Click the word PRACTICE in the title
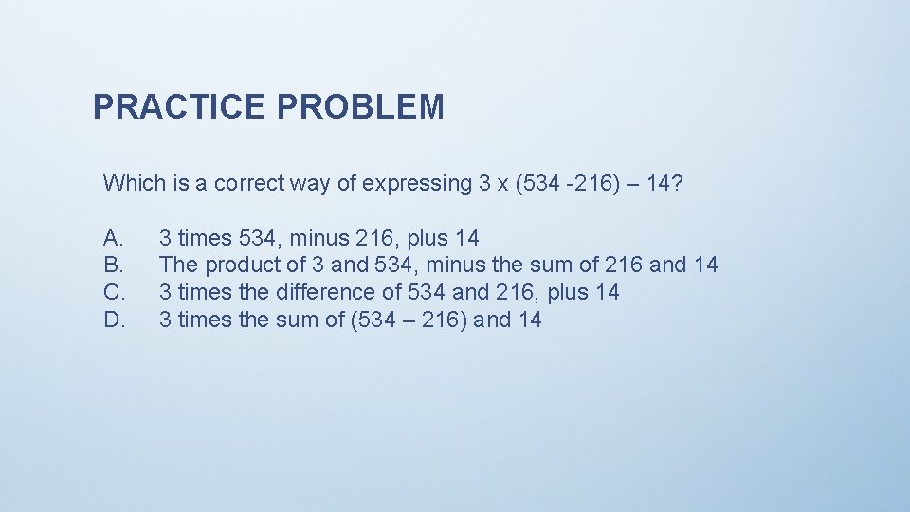pos(180,107)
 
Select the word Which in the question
pos(133,182)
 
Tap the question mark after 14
pos(675,182)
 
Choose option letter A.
pos(113,237)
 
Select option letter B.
pos(113,265)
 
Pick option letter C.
pos(113,292)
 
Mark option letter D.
pos(113,320)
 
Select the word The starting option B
pos(179,265)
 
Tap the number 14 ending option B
pos(705,265)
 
